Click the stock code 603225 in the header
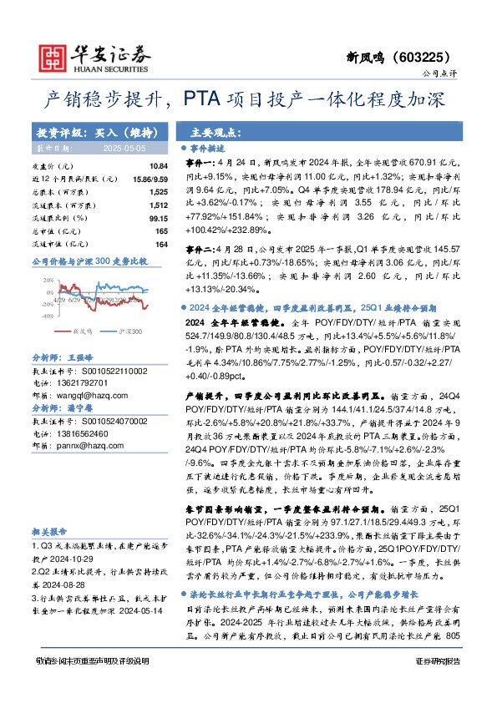click(425, 58)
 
